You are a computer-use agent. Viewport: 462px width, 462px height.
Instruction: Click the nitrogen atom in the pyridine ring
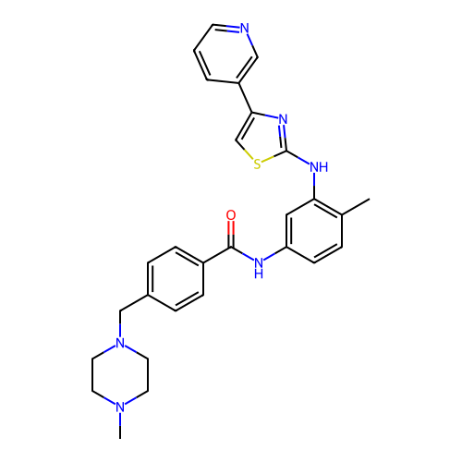click(x=245, y=28)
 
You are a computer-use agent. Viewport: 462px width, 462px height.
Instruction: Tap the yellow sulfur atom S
click(x=257, y=164)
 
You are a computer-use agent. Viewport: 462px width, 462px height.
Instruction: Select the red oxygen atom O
click(x=231, y=215)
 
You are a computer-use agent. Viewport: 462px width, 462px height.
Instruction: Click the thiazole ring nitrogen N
click(x=283, y=119)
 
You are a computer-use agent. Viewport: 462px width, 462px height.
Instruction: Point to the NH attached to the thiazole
click(x=319, y=167)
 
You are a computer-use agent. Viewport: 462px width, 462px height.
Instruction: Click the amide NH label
click(x=259, y=267)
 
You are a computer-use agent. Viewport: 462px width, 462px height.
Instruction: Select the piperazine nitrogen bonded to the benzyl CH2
click(x=120, y=343)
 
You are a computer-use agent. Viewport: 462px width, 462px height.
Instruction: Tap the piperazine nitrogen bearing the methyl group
click(x=120, y=407)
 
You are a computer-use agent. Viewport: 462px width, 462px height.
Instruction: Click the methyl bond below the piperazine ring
click(x=120, y=426)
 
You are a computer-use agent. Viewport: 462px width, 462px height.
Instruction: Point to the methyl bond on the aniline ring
click(x=356, y=207)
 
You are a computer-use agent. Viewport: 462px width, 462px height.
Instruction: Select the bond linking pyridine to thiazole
click(x=246, y=98)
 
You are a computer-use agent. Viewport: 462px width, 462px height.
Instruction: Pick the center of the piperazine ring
click(x=120, y=375)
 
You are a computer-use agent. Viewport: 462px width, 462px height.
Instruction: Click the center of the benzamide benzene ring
click(x=176, y=279)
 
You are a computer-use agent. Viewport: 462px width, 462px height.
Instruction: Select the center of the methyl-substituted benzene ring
click(x=314, y=231)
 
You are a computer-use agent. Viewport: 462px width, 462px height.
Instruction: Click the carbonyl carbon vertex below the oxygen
click(x=231, y=247)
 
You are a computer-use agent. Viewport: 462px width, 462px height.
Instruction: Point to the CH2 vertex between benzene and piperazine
click(x=120, y=310)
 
